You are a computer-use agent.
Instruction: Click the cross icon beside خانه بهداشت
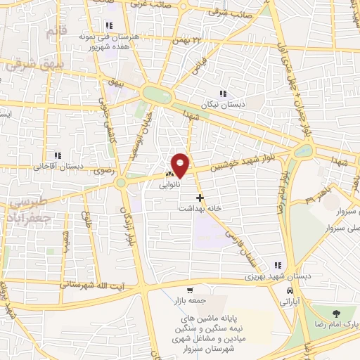tap(200, 198)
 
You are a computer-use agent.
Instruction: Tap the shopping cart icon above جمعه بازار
tap(189, 290)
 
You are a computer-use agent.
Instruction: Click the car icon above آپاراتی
tap(290, 290)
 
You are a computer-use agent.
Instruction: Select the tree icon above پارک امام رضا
tap(333, 312)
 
